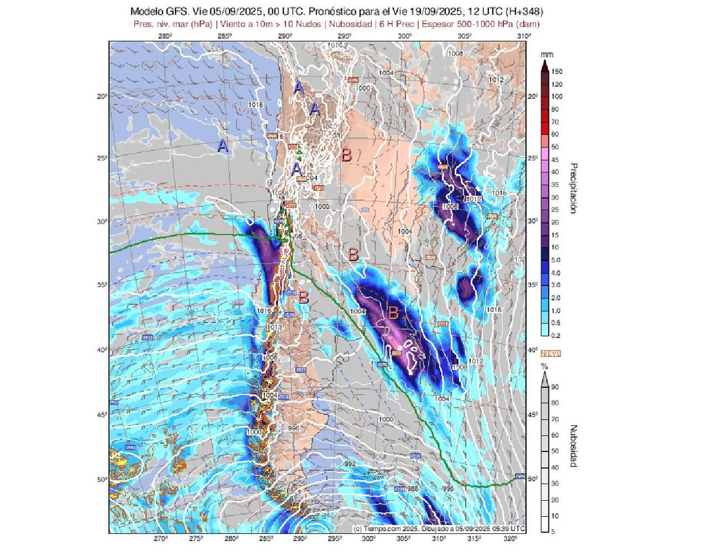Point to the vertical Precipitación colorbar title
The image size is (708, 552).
pos(572,188)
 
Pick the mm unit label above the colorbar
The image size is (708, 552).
pos(546,53)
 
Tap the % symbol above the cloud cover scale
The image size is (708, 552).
pos(545,365)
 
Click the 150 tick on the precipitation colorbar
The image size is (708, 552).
pos(557,71)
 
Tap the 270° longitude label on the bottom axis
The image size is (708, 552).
pos(160,540)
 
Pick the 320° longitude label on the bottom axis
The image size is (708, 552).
pos(510,540)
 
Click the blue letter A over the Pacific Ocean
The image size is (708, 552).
pos(223,146)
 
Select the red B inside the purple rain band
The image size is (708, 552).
pos(393,313)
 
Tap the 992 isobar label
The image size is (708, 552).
pos(350,463)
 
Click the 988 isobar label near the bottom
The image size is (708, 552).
pos(412,489)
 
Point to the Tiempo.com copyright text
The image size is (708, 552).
pos(438,528)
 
